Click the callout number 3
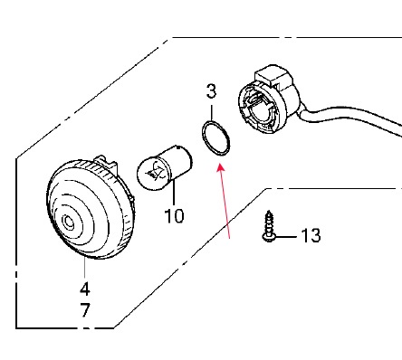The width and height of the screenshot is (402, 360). pyautogui.click(x=211, y=91)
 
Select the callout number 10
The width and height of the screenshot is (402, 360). pyautogui.click(x=174, y=216)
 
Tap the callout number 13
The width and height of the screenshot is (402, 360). pyautogui.click(x=311, y=235)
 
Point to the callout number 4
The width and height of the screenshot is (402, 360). pyautogui.click(x=85, y=289)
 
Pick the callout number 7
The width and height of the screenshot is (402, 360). pyautogui.click(x=85, y=310)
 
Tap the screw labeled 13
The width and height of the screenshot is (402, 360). pyautogui.click(x=269, y=227)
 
